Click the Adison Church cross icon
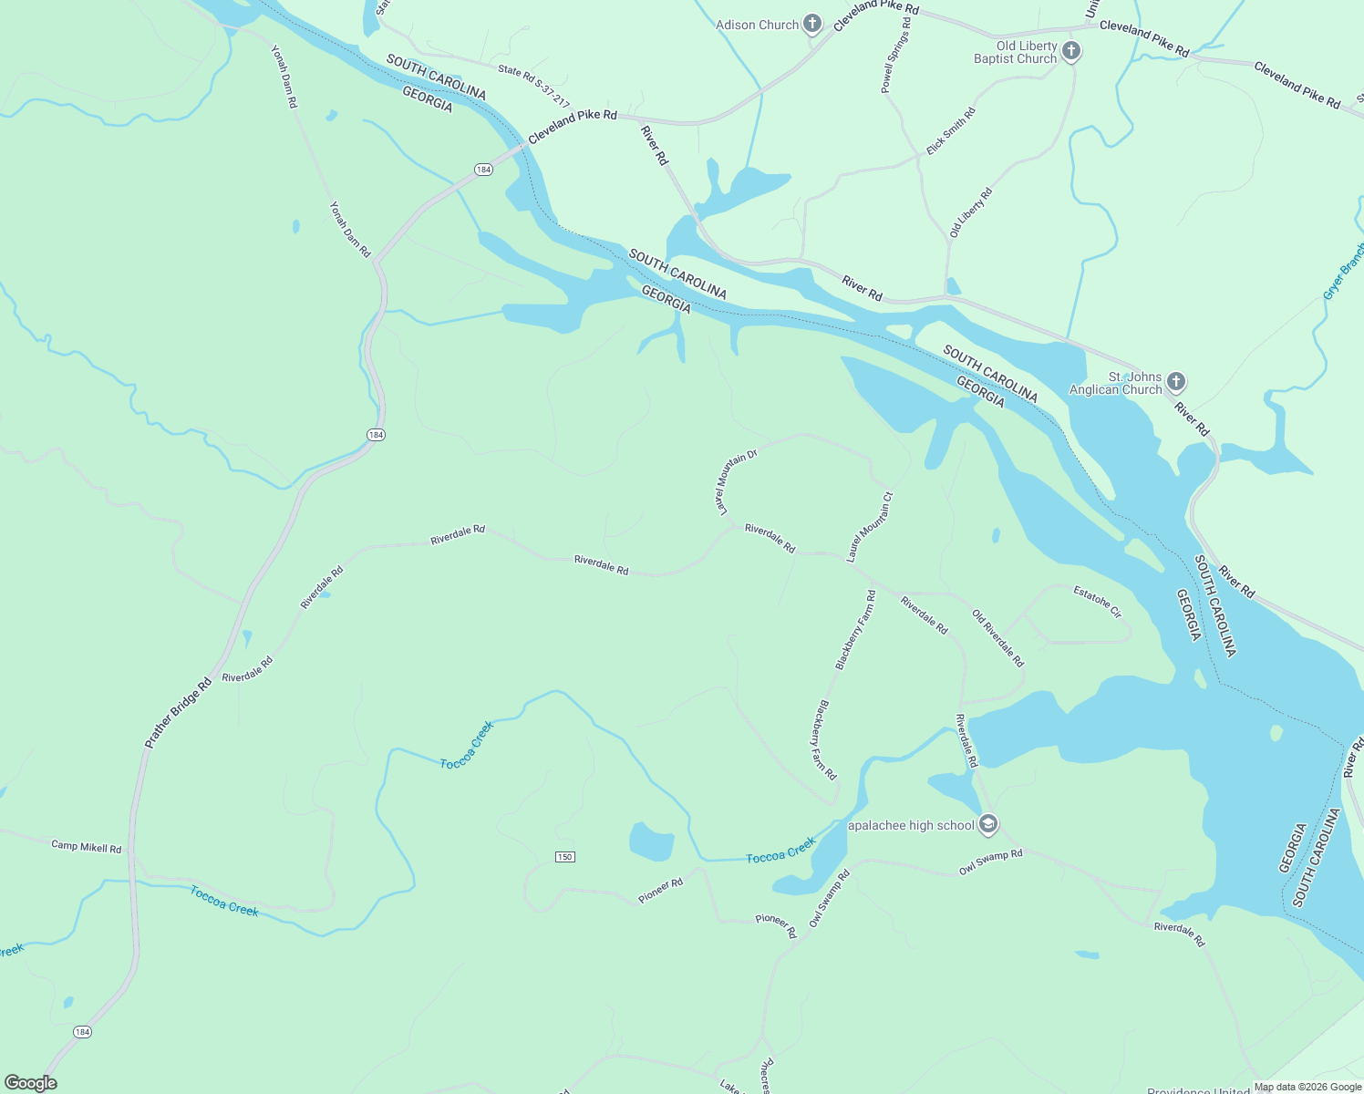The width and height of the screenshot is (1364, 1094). pyautogui.click(x=812, y=25)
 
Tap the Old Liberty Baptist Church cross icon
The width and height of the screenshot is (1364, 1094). pyautogui.click(x=1071, y=51)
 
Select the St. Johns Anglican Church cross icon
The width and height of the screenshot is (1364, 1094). pyautogui.click(x=1175, y=381)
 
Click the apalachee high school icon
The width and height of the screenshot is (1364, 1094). pyautogui.click(x=988, y=825)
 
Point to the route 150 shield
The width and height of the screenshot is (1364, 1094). pyautogui.click(x=565, y=857)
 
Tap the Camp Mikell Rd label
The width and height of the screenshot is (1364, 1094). pyautogui.click(x=86, y=847)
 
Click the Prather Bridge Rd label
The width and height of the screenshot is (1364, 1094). pyautogui.click(x=178, y=714)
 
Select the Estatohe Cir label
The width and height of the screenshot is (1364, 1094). pyautogui.click(x=1098, y=602)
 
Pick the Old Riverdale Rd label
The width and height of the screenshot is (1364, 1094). pyautogui.click(x=998, y=638)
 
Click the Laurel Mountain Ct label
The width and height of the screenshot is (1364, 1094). pyautogui.click(x=870, y=527)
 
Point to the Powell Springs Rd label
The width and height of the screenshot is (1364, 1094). pyautogui.click(x=895, y=62)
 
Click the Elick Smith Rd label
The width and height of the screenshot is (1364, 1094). pyautogui.click(x=951, y=131)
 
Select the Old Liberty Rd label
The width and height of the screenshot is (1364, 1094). pyautogui.click(x=971, y=212)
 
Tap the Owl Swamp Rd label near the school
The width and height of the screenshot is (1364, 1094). pyautogui.click(x=991, y=862)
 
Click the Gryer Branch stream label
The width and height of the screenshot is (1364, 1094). pyautogui.click(x=1343, y=271)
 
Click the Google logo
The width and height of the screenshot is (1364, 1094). pyautogui.click(x=30, y=1083)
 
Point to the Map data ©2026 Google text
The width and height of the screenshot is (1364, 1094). pyautogui.click(x=1307, y=1087)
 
